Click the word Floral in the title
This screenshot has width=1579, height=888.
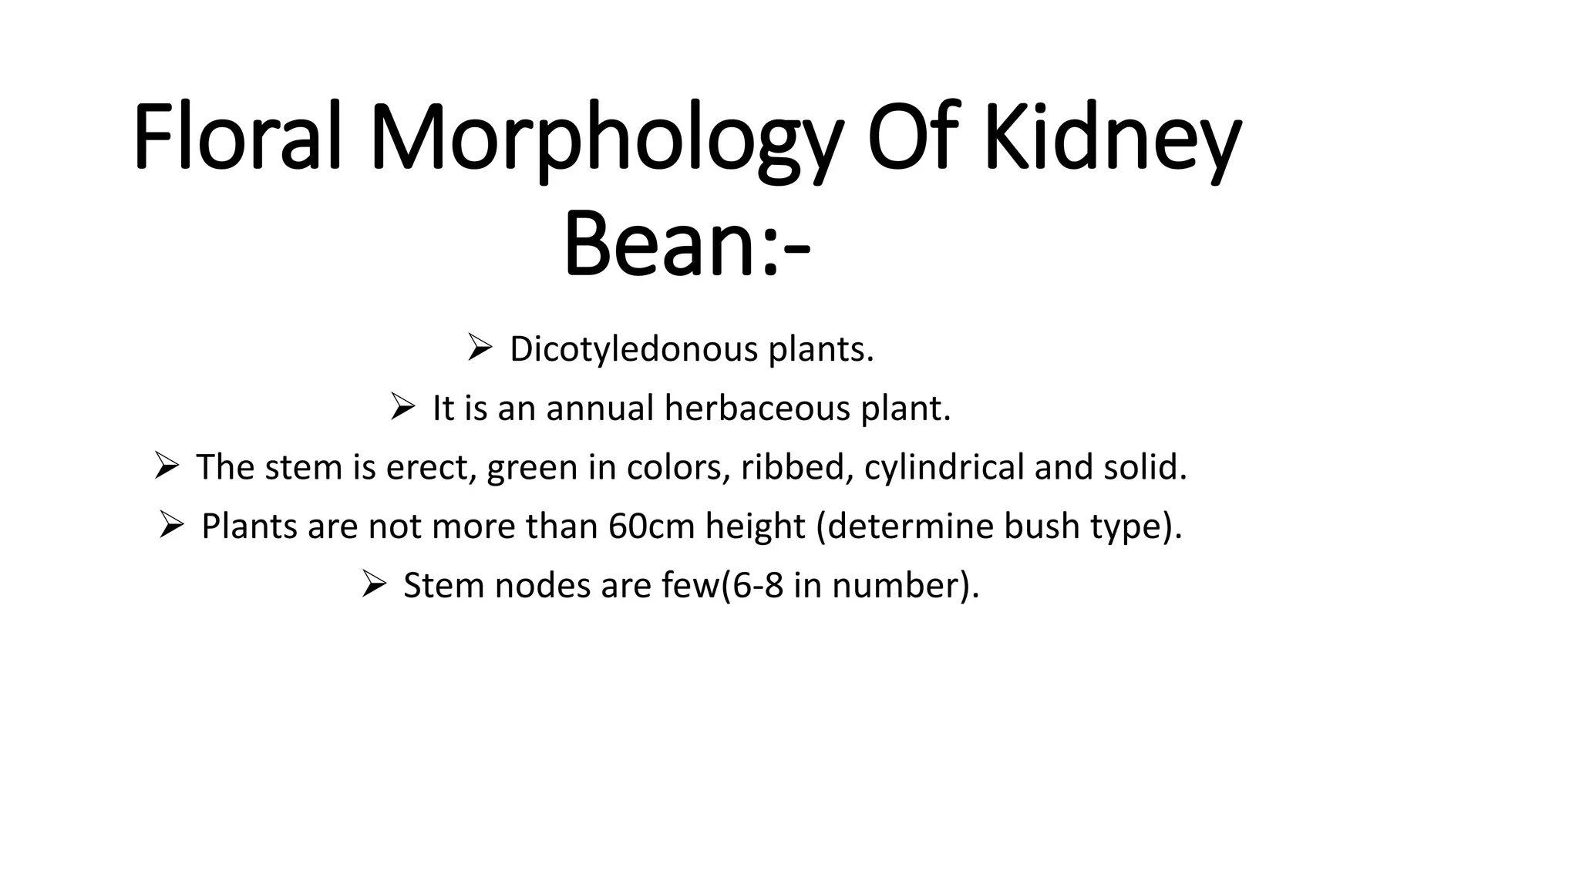(237, 137)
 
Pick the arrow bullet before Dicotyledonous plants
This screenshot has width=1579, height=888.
(479, 348)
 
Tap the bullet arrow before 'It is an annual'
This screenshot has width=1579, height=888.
(402, 406)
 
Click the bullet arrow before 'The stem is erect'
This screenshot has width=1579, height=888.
(167, 466)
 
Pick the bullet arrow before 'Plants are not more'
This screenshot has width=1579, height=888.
(171, 525)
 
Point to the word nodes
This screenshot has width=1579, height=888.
(543, 586)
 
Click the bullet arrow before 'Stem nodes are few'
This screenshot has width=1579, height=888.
(373, 584)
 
